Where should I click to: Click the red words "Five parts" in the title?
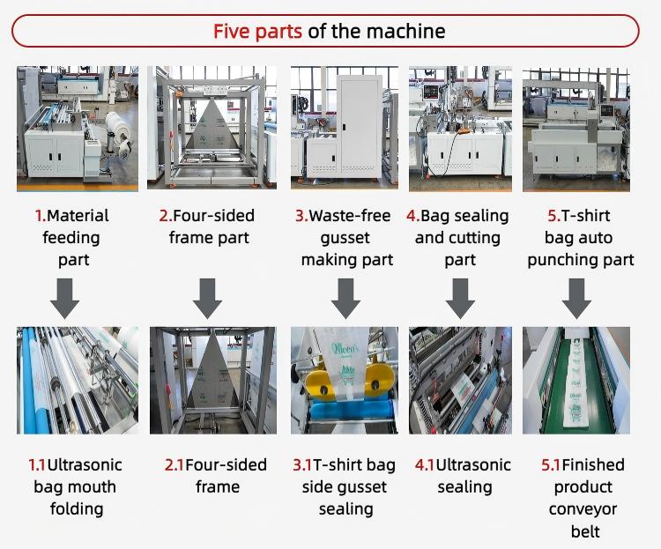[257, 32]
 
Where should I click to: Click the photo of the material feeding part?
[78, 129]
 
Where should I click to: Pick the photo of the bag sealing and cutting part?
[460, 129]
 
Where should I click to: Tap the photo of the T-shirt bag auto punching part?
[576, 129]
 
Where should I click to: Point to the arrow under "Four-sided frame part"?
[208, 298]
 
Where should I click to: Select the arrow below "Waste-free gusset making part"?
[345, 298]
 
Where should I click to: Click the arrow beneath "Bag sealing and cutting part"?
[460, 298]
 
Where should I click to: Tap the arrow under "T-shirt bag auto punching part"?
[576, 298]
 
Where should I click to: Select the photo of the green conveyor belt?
[576, 381]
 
